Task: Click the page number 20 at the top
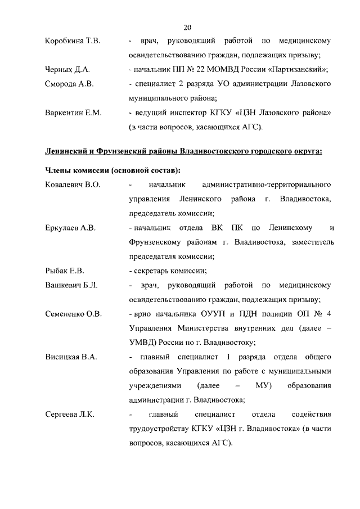point(187,26)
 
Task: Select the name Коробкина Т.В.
point(72,41)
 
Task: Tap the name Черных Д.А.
point(67,70)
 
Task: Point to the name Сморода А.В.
point(69,84)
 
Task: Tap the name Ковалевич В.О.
point(72,184)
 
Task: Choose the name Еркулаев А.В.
point(70,228)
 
